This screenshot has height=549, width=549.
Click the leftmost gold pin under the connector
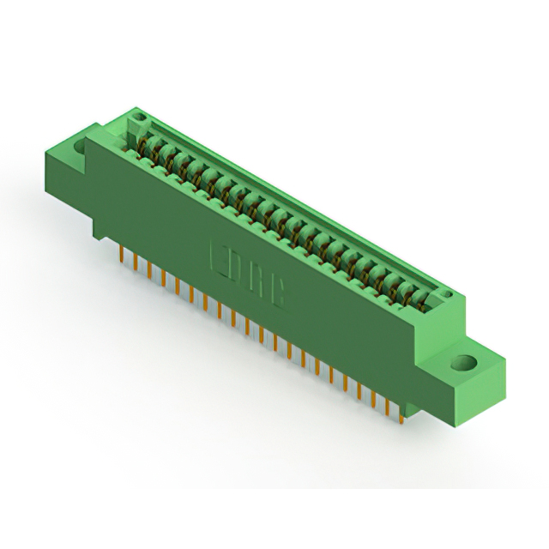tap(121, 256)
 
